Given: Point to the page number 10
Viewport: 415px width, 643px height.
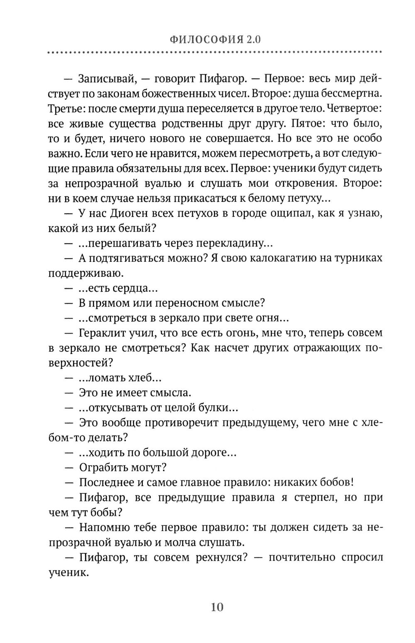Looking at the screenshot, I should pyautogui.click(x=217, y=607).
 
